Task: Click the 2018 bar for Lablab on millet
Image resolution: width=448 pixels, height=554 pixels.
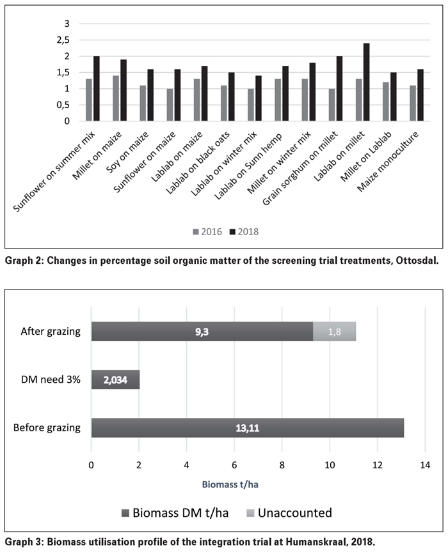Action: (366, 82)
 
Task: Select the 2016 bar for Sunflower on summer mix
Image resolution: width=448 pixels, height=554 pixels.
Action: (89, 100)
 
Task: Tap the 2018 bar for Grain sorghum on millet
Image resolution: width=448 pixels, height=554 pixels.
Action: (339, 89)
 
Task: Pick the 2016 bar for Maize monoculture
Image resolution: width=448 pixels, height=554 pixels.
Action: (413, 103)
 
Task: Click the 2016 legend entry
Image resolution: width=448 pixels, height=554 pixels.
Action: (207, 232)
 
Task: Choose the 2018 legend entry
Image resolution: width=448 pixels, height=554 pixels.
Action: (244, 232)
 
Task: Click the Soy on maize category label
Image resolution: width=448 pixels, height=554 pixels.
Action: (127, 152)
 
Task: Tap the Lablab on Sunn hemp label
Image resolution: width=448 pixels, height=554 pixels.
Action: (248, 166)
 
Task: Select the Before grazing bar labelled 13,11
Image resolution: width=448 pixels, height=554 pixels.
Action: (247, 428)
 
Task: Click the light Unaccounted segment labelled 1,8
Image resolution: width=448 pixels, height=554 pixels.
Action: (335, 332)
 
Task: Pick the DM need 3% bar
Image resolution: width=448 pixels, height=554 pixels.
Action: (115, 380)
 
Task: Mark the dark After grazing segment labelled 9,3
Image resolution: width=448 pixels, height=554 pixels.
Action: (202, 332)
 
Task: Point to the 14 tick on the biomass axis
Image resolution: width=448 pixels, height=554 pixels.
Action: (425, 465)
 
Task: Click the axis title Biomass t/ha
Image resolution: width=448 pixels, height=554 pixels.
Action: (230, 484)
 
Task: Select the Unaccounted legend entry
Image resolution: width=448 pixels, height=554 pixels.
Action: (289, 512)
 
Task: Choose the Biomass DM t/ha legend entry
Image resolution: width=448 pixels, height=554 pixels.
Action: (175, 513)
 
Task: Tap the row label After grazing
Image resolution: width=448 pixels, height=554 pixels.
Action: (51, 332)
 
